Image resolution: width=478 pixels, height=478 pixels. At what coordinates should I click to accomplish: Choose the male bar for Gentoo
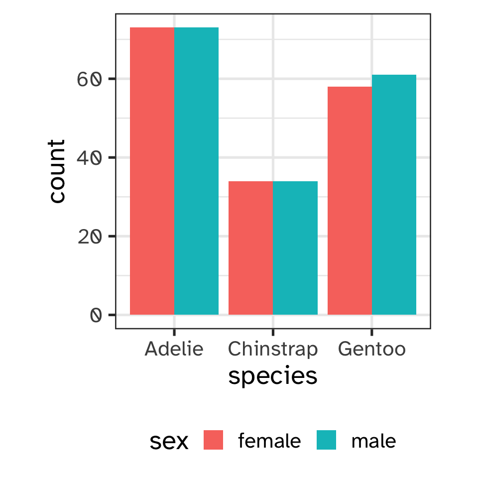click(394, 195)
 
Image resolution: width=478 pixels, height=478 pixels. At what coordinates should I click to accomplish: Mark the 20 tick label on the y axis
click(90, 237)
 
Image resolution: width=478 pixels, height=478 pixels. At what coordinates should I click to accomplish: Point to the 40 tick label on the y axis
click(90, 158)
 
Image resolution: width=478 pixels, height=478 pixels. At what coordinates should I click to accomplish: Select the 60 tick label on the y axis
click(90, 79)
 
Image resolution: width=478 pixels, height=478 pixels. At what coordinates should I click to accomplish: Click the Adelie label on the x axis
click(174, 349)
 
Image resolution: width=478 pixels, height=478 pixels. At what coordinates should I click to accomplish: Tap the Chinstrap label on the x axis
click(272, 349)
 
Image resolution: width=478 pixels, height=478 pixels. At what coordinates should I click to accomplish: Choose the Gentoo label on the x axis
click(371, 349)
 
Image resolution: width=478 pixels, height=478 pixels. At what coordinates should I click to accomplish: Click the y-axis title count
click(58, 171)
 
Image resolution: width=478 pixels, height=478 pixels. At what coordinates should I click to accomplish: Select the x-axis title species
click(273, 376)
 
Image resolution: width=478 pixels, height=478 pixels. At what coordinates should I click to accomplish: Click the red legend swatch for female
click(213, 441)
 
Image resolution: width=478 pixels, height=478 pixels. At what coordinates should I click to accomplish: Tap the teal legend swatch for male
click(327, 441)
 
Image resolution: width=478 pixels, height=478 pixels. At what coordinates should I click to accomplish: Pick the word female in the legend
click(269, 441)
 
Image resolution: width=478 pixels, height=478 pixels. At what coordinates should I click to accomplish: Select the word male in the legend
click(373, 441)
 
